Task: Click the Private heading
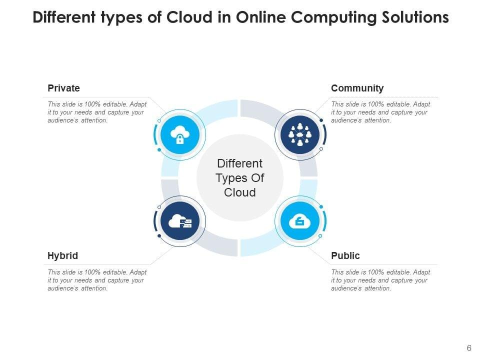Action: coord(63,88)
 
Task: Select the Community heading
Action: coord(357,88)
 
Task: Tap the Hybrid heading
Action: coord(62,256)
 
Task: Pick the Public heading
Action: coord(345,256)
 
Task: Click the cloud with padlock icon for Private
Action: coord(180,134)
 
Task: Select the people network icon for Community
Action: coord(299,134)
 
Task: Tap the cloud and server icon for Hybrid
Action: coord(180,221)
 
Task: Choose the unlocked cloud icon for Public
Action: coord(299,221)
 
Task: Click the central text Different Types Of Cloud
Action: coord(240,178)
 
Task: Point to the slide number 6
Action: coord(469,348)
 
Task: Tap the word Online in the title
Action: coord(257,18)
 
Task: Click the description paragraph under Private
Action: coord(97,112)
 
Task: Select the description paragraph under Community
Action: coord(380,112)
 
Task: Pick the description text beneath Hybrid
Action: coord(97,280)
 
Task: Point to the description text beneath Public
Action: coord(380,280)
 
